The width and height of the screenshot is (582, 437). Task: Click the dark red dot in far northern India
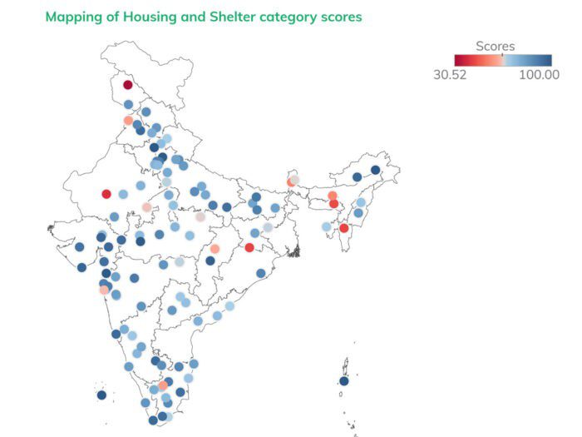point(127,84)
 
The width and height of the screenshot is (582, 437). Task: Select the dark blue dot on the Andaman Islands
point(343,381)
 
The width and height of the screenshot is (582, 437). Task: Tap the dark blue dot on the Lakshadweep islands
point(101,395)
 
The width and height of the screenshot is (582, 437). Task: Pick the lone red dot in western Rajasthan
point(106,194)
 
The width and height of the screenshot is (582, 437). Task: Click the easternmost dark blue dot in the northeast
point(375,170)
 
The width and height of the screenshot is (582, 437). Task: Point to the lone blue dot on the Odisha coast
point(261,273)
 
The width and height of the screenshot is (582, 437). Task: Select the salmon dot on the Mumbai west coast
point(104,290)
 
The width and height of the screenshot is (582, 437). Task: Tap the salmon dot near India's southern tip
point(163,385)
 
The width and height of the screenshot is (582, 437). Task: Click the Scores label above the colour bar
point(496,47)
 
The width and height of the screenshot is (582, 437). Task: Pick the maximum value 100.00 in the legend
point(540,74)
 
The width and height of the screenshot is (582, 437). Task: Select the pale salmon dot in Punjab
point(128,121)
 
